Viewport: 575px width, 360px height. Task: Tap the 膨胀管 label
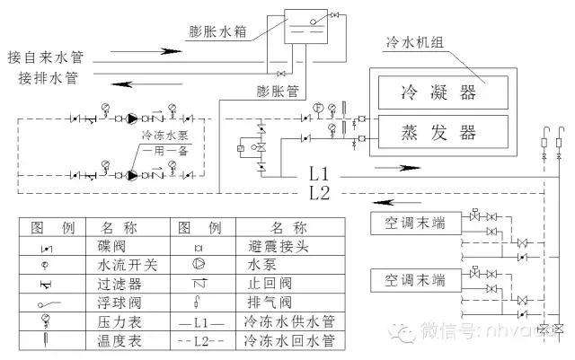coord(276,92)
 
